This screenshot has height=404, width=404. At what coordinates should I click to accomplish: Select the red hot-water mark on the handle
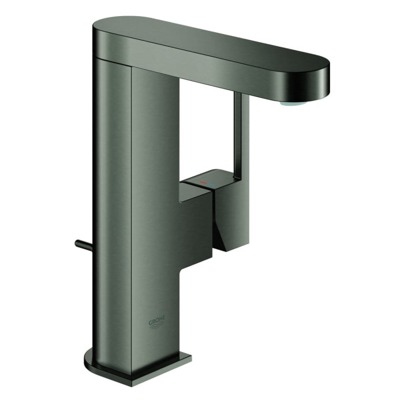(x=201, y=183)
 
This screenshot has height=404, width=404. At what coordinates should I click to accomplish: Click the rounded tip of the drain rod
(x=77, y=243)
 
